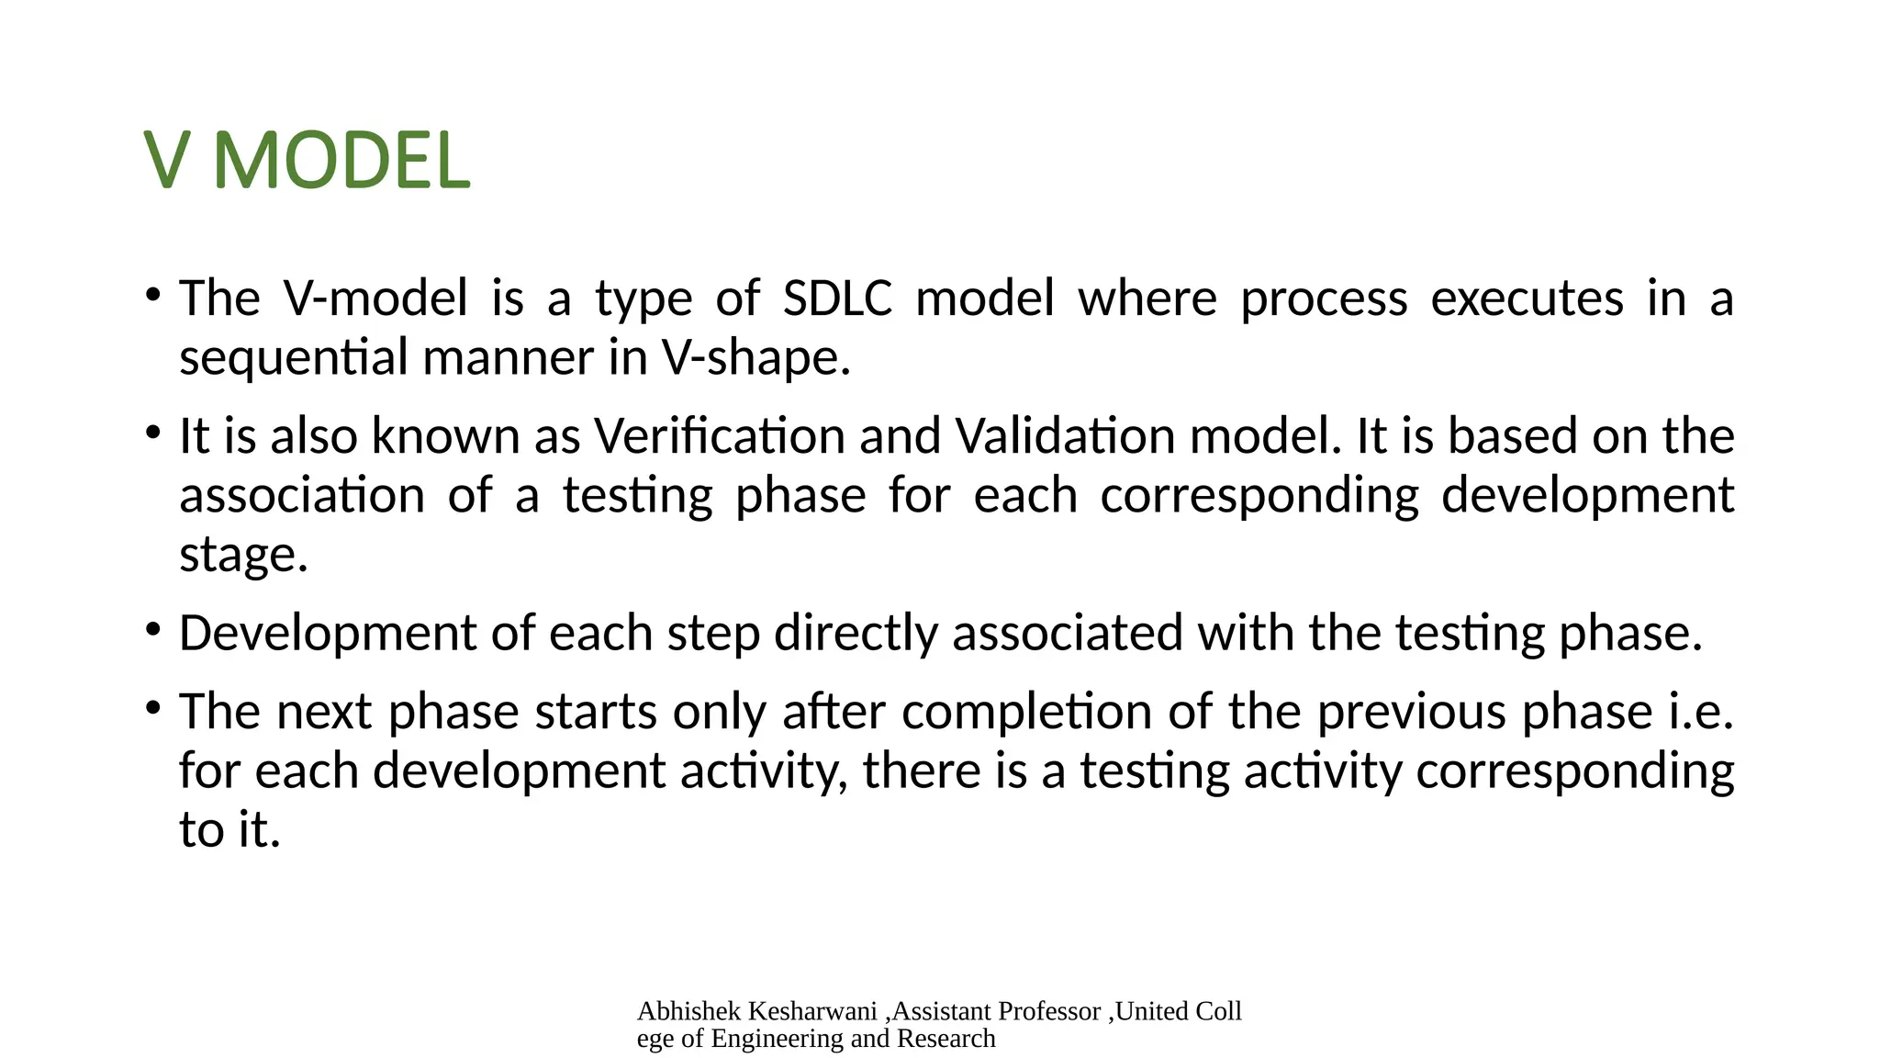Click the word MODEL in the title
pyautogui.click(x=341, y=162)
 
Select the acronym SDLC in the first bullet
pyautogui.click(x=837, y=298)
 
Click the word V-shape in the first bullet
pyautogui.click(x=755, y=357)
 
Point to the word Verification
pyautogui.click(x=719, y=436)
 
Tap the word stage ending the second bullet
pyautogui.click(x=242, y=555)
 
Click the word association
pyautogui.click(x=302, y=496)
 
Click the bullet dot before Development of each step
pyautogui.click(x=153, y=630)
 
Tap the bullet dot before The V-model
pyautogui.click(x=153, y=295)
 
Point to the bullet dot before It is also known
pyautogui.click(x=153, y=433)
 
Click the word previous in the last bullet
pyautogui.click(x=1412, y=712)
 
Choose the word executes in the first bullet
pyautogui.click(x=1527, y=298)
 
